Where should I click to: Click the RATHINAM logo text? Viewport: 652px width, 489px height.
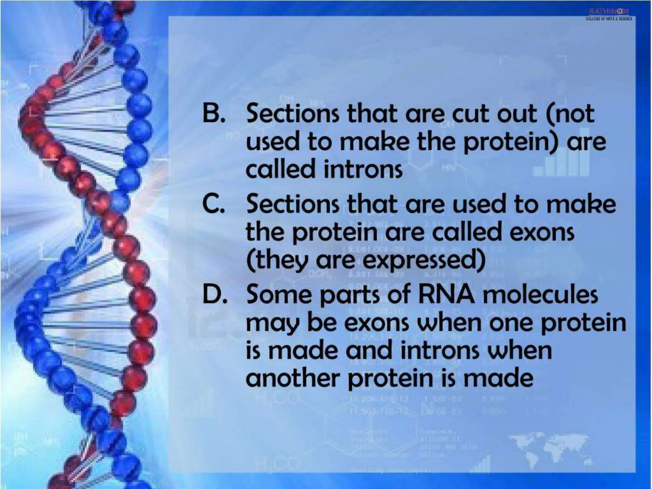pyautogui.click(x=609, y=11)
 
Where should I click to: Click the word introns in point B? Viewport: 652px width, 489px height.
pyautogui.click(x=363, y=169)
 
